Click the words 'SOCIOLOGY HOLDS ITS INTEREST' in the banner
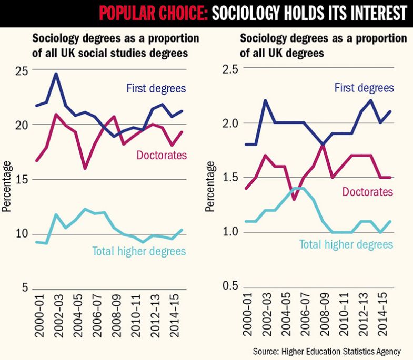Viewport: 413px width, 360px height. pos(309,13)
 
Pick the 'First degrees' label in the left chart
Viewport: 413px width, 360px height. pos(156,88)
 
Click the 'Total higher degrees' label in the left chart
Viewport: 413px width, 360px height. pos(139,251)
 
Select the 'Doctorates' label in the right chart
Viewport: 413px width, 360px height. pos(368,191)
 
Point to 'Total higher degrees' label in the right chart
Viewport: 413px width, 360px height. pos(346,244)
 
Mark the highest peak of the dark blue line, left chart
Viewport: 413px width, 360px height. pos(56,74)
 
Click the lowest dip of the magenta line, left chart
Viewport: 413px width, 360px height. pos(85,168)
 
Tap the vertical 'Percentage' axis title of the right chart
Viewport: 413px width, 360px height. pos(210,187)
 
